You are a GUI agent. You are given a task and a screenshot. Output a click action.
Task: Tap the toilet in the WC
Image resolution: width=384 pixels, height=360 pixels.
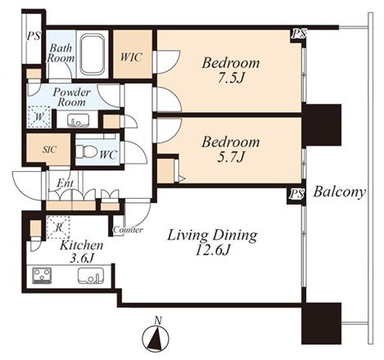pos(86,151)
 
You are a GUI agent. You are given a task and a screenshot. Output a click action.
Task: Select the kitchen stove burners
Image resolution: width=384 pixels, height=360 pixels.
pos(42,276)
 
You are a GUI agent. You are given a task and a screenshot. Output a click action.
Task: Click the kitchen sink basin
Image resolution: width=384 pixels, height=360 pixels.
pos(91,276)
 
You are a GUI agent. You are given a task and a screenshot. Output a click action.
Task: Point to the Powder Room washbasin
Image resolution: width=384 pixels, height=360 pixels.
pos(78,120)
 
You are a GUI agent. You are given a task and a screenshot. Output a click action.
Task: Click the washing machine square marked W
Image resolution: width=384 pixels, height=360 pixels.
pos(39,117)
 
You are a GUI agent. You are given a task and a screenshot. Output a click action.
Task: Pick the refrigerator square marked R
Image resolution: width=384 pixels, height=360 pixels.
pos(58,227)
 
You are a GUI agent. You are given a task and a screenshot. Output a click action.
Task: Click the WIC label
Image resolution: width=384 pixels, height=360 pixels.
pos(132,57)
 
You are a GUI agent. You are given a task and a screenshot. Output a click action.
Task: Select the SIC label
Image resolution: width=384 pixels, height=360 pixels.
pos(50,150)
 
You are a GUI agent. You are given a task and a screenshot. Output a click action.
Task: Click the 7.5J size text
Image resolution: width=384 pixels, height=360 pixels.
pos(231,79)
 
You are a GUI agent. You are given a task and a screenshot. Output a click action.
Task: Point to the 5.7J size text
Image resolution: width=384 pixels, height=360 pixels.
pos(231,157)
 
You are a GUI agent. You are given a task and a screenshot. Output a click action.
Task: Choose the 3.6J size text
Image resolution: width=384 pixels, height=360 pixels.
pos(82,258)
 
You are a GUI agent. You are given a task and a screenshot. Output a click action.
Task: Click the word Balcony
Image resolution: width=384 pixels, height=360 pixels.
pos(339,192)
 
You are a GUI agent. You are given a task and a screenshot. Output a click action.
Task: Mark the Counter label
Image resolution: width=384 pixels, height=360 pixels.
pos(128,230)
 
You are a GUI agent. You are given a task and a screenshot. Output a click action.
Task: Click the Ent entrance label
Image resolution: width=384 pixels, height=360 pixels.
pos(65,183)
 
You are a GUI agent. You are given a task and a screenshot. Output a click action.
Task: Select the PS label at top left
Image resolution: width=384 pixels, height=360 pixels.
pos(34,36)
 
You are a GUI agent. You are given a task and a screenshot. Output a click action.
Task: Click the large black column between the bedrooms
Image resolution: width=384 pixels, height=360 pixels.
pos(322,124)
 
